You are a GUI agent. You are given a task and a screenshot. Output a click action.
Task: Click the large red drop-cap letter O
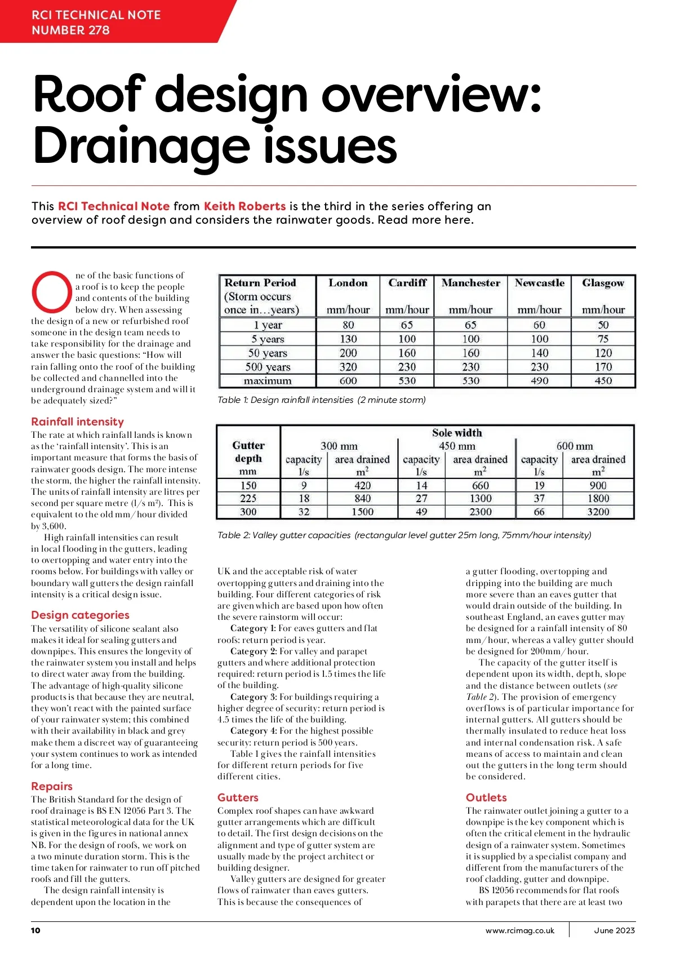click(51, 291)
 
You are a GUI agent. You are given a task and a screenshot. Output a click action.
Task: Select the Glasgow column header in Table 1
click(603, 283)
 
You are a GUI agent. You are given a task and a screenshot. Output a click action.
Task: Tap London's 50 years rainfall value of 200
click(348, 353)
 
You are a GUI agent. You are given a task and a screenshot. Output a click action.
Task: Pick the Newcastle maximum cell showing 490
click(539, 380)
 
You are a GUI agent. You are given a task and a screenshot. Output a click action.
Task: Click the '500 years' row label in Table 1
click(268, 367)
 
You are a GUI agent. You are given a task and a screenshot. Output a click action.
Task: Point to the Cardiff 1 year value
click(407, 325)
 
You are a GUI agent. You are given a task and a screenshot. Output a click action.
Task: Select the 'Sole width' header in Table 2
click(457, 433)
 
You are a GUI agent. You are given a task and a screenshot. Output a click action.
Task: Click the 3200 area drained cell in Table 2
click(598, 512)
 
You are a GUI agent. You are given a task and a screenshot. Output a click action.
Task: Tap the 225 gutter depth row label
click(248, 498)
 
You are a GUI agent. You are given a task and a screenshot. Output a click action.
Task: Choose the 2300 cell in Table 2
click(480, 512)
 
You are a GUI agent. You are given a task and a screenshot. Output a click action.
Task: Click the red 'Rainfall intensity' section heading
click(77, 422)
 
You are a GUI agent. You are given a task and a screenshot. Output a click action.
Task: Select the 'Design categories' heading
click(80, 615)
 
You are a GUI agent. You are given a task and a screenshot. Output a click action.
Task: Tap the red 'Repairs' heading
click(52, 786)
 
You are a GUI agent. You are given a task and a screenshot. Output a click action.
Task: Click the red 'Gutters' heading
click(238, 797)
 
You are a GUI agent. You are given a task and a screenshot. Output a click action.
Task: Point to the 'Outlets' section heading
click(486, 797)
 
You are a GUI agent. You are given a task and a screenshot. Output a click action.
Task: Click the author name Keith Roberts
click(244, 206)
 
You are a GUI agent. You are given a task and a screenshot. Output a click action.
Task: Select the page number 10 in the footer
click(35, 930)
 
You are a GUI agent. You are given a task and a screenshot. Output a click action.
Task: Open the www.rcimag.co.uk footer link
click(519, 930)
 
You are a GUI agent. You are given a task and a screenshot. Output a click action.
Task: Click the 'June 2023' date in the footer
click(614, 930)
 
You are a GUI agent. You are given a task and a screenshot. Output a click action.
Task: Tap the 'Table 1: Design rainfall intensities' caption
click(321, 400)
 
